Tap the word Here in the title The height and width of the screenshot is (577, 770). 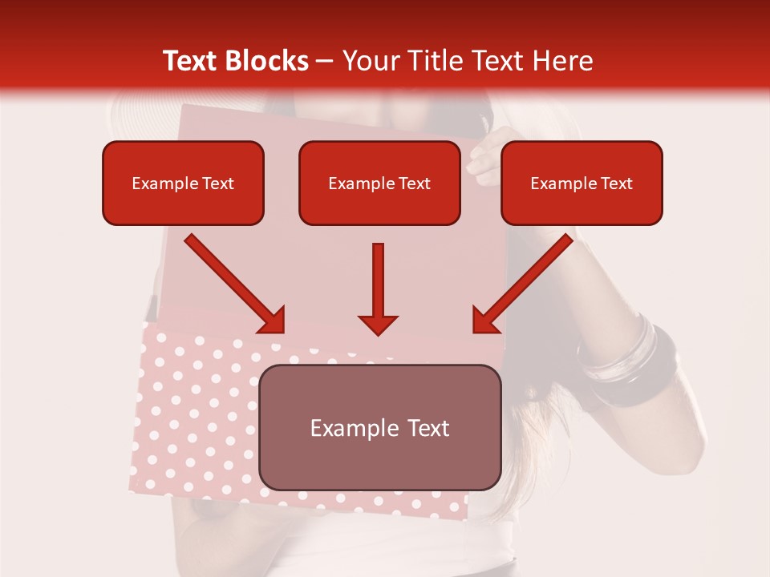tap(562, 61)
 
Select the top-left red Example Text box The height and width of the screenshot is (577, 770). tap(183, 183)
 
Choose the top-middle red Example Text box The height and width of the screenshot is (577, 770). tap(379, 183)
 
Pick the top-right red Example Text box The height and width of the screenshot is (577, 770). tap(582, 183)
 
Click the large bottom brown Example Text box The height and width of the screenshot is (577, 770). tap(379, 427)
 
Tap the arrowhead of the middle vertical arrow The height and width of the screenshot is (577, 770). tap(378, 324)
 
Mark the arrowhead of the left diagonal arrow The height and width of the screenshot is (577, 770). tap(273, 321)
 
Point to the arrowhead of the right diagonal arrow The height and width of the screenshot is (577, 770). tap(485, 321)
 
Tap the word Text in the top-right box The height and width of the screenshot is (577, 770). tap(616, 184)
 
